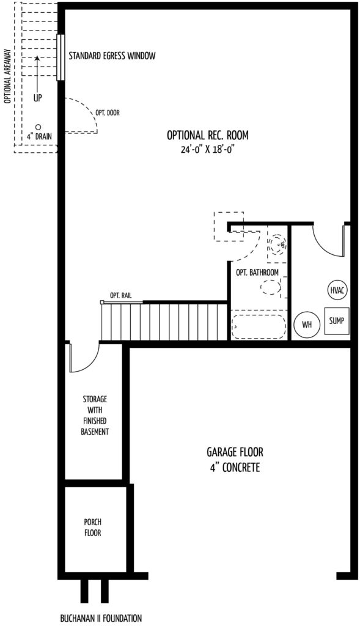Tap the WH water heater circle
pyautogui.click(x=306, y=324)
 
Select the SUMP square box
pyautogui.click(x=336, y=321)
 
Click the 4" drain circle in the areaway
pyautogui.click(x=39, y=127)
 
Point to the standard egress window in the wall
pyautogui.click(x=61, y=57)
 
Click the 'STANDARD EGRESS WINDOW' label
pyautogui.click(x=112, y=56)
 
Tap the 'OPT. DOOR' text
pyautogui.click(x=108, y=113)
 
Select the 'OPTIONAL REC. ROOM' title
pyautogui.click(x=208, y=135)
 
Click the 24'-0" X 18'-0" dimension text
pyautogui.click(x=207, y=150)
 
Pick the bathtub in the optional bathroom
pyautogui.click(x=259, y=327)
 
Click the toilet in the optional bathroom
pyautogui.click(x=277, y=243)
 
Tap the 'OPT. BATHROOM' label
pyautogui.click(x=257, y=273)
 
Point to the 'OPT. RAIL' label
pyautogui.click(x=120, y=295)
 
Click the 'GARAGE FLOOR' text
pyautogui.click(x=235, y=452)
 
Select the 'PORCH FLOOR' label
pyautogui.click(x=92, y=527)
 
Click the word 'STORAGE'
pyautogui.click(x=95, y=399)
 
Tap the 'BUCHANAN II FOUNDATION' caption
pyautogui.click(x=101, y=619)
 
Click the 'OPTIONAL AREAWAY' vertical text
pyautogui.click(x=7, y=76)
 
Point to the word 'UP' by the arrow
pyautogui.click(x=37, y=98)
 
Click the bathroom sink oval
pyautogui.click(x=271, y=287)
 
